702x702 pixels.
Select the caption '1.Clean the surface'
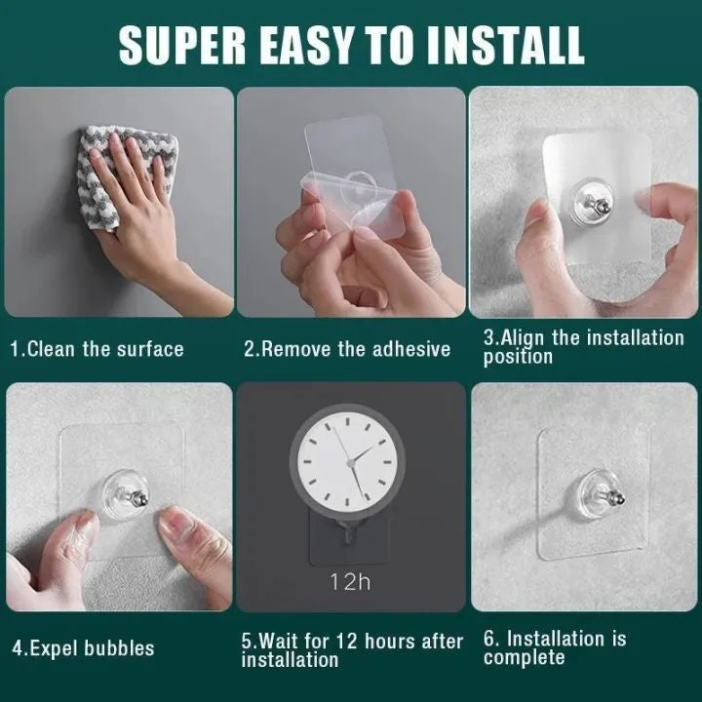coord(97,348)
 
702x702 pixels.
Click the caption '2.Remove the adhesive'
coord(347,348)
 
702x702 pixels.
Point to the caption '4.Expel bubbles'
coord(83,647)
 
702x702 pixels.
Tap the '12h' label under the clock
coord(349,582)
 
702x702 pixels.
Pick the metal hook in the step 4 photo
coord(136,502)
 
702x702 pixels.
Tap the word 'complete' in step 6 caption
coord(524,658)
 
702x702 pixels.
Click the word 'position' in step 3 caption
coord(518,357)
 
